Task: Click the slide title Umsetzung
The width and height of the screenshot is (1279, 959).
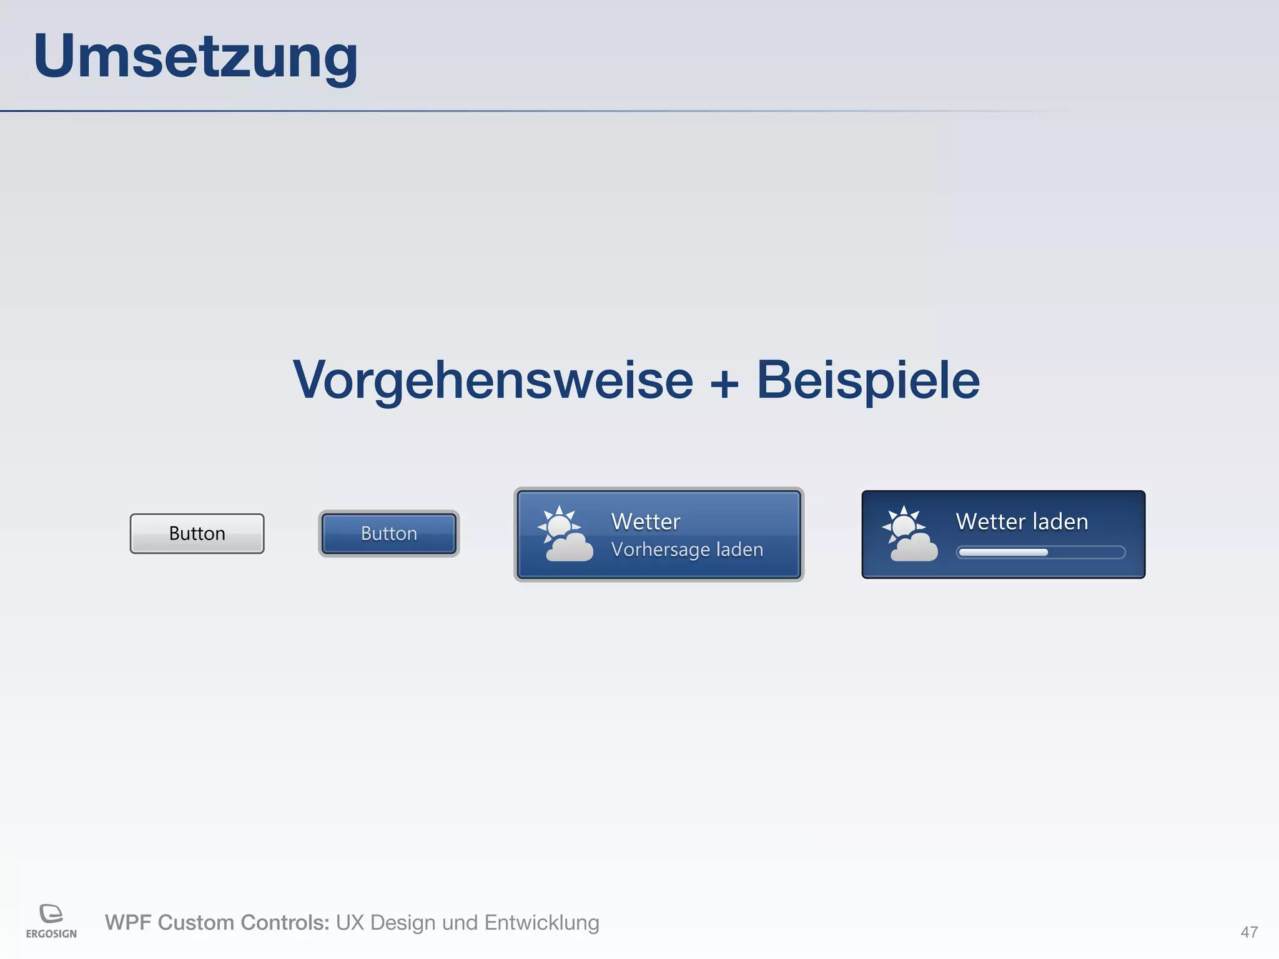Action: click(195, 56)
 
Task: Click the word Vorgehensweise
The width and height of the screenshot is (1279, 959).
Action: click(493, 380)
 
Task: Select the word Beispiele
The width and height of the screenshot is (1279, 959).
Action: click(868, 380)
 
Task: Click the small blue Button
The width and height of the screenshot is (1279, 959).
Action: click(388, 534)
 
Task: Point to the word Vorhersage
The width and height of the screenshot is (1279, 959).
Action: click(660, 550)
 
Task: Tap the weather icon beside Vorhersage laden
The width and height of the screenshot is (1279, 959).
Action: click(565, 534)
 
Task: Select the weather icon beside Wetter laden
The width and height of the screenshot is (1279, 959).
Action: click(909, 534)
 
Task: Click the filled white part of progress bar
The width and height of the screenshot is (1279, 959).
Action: click(1003, 553)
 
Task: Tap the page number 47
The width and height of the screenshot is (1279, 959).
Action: click(1249, 932)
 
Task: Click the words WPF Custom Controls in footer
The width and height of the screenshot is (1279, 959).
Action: click(217, 923)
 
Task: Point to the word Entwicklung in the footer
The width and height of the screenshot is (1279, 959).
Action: click(541, 923)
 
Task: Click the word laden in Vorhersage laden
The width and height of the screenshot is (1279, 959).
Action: click(739, 550)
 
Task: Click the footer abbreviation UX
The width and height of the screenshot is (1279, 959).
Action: click(350, 923)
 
